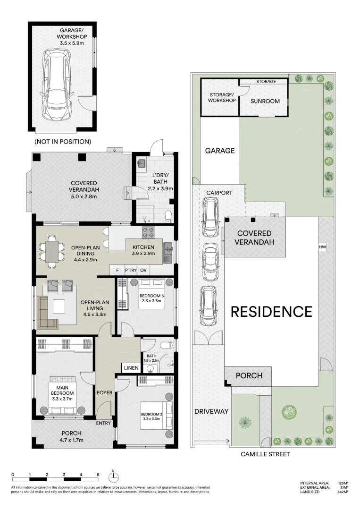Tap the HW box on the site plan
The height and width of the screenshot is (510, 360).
323,247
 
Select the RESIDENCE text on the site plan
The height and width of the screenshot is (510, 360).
271,312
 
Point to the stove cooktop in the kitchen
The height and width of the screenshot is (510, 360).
150,232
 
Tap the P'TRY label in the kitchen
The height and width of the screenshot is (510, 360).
130,271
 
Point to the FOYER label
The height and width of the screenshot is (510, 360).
104,392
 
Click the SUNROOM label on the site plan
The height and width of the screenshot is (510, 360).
265,101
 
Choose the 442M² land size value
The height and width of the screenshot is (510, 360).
343,492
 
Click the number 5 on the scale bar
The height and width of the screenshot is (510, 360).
98,475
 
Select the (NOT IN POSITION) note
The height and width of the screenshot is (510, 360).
63,142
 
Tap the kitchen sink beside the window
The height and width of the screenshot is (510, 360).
167,253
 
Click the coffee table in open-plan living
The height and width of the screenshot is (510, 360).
60,307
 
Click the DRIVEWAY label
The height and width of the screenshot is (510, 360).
211,411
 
